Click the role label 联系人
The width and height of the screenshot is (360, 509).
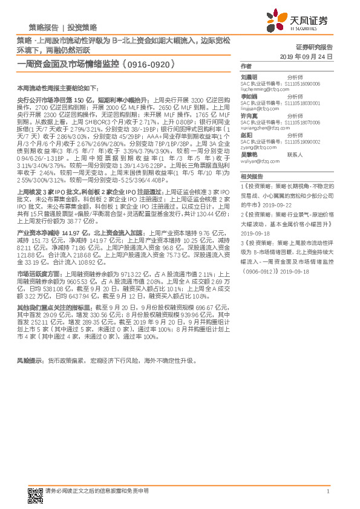point(295,155)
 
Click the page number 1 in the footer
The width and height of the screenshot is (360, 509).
point(327,491)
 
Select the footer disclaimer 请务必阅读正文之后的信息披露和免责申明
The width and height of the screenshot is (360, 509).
point(97,491)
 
